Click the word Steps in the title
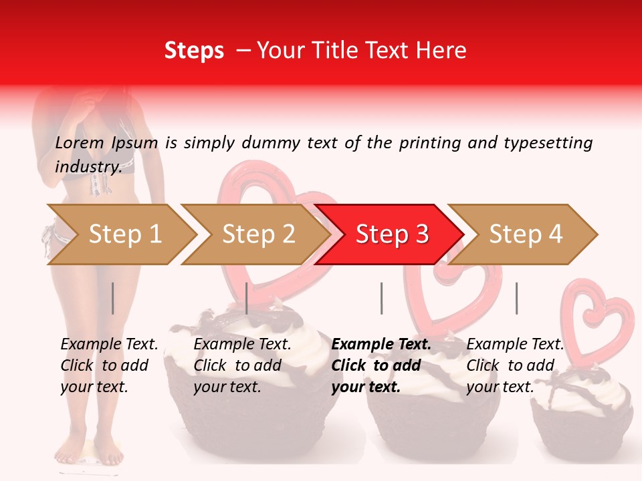194,51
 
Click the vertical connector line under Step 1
113,298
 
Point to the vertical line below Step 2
247,298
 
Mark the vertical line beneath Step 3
382,298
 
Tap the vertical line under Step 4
516,298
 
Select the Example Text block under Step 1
109,365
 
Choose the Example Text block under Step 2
242,365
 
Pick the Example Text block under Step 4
515,365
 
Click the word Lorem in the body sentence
80,143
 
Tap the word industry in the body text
88,167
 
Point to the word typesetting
548,143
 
